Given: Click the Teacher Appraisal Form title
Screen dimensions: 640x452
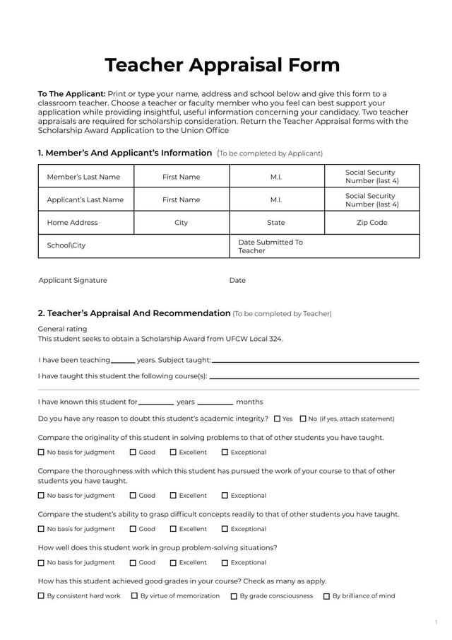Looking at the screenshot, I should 222,65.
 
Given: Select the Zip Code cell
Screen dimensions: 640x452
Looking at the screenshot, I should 371,223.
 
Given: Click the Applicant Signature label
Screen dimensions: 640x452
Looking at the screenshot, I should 73,281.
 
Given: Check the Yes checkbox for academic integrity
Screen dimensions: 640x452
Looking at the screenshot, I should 278,419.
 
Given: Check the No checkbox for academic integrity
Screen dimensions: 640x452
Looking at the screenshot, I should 303,419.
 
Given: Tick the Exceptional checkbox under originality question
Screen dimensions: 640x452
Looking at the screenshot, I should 225,453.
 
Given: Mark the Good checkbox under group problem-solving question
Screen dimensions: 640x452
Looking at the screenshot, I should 133,563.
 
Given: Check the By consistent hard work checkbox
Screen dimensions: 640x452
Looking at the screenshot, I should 41,596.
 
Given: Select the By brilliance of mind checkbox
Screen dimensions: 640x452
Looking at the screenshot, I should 326,596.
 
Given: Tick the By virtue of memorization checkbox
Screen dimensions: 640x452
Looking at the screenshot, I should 134,596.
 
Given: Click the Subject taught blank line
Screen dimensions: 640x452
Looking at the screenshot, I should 315,361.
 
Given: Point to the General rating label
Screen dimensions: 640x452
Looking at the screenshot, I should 62,329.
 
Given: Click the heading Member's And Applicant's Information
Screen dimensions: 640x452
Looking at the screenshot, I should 124,153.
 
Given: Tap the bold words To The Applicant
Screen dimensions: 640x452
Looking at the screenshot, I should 71,94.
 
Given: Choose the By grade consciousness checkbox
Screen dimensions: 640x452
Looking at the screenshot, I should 234,596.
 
